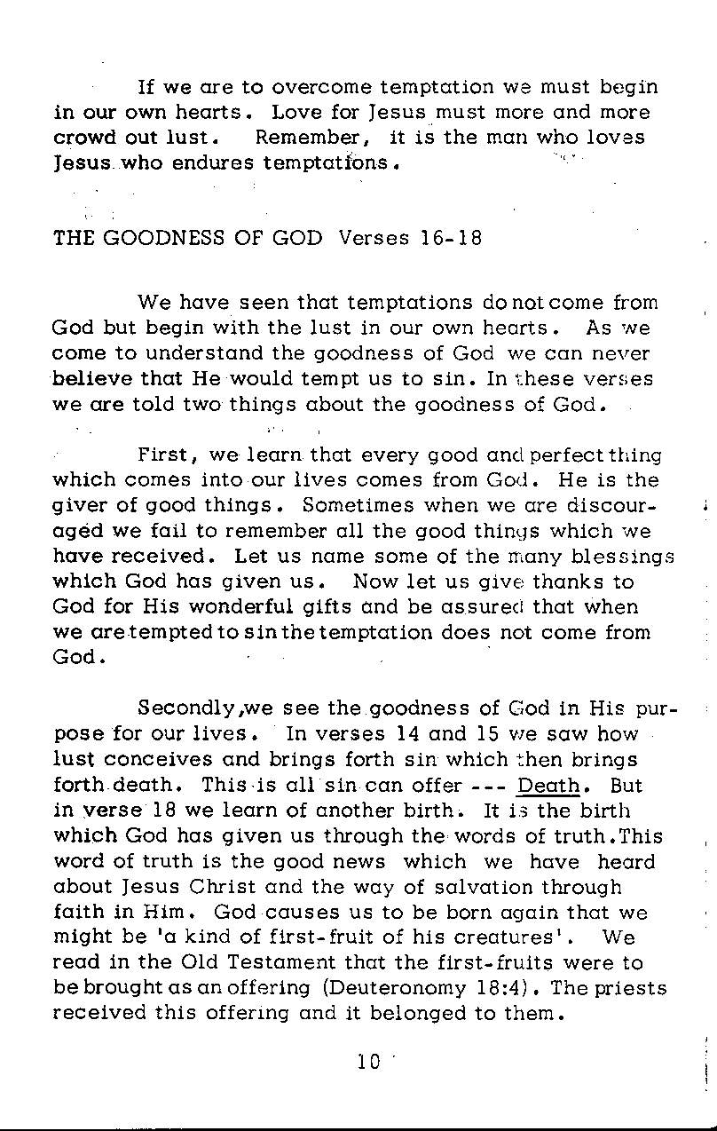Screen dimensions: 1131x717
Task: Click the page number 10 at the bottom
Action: (x=368, y=1061)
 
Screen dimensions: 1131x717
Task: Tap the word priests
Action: (x=626, y=988)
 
